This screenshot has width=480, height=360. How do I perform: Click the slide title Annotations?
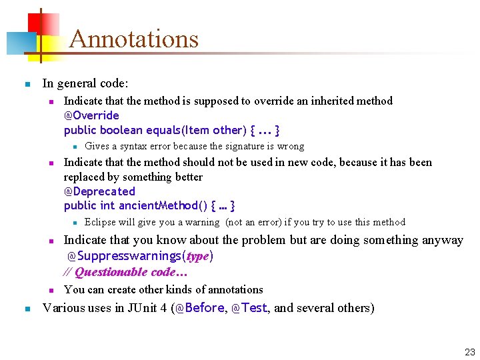[134, 39]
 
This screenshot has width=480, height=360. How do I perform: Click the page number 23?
[469, 352]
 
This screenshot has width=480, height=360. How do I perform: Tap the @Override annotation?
[91, 115]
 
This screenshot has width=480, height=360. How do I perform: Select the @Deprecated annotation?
[99, 191]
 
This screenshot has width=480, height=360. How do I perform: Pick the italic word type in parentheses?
[197, 256]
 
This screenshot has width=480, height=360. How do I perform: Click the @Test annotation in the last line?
[249, 308]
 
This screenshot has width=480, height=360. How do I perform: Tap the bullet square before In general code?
[27, 85]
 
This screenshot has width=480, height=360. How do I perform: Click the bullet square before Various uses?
[27, 309]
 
